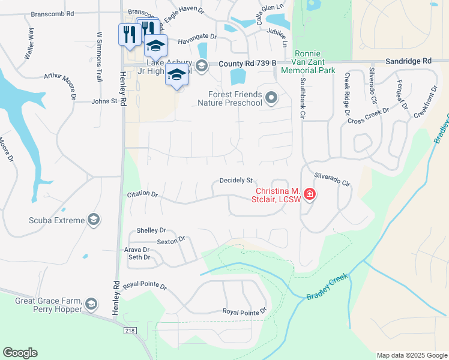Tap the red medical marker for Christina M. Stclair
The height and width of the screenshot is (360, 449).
pos(309,194)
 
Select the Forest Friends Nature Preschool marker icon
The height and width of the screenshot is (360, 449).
pos(272,98)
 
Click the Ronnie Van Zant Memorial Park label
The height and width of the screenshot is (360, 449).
pos(315,62)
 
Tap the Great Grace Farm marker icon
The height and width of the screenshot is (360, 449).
pos(91,304)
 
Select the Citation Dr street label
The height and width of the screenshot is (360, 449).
pos(142,195)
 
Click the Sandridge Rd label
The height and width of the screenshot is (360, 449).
pos(408,61)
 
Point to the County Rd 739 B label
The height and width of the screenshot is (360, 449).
pos(247,63)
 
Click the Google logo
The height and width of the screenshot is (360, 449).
pos(20,353)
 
